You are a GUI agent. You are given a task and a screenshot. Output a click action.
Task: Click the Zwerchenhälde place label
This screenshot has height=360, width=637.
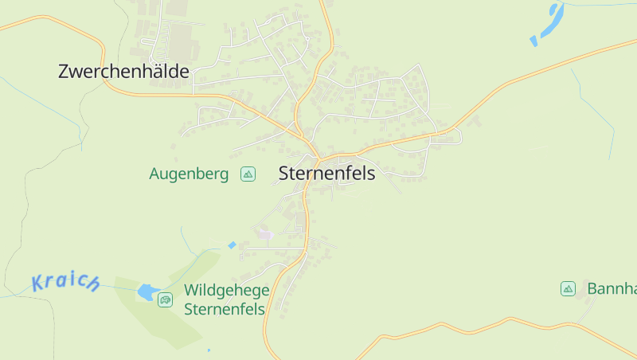[123, 72]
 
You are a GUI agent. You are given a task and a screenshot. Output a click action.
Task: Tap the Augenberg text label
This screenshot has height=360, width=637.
[189, 174]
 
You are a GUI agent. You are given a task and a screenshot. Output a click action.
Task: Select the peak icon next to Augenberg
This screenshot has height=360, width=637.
[248, 174]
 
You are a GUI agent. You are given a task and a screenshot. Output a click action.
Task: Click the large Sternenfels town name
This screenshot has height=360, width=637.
[326, 173]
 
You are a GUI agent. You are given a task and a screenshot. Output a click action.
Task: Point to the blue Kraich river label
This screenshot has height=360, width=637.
[65, 282]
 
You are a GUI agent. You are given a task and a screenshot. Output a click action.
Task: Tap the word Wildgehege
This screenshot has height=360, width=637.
[226, 292]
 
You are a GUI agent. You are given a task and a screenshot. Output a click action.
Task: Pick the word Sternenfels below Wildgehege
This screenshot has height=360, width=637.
[224, 310]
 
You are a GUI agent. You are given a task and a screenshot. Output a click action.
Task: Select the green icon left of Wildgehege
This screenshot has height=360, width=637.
[165, 299]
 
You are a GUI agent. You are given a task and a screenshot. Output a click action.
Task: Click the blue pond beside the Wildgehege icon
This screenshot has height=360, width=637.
[147, 292]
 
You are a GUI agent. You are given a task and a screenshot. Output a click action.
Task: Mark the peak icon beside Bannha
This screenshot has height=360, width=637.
[568, 288]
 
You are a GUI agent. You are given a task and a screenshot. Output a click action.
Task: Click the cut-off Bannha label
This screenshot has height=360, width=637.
[612, 288]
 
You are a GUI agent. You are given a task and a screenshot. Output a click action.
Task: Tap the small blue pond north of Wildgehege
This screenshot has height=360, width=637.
[232, 245]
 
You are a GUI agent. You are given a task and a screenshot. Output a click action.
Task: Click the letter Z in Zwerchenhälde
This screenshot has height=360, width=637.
[64, 72]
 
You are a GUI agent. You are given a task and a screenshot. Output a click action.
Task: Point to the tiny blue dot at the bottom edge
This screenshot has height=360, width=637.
[209, 350]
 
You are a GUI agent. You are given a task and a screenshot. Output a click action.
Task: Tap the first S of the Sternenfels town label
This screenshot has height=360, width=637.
[284, 173]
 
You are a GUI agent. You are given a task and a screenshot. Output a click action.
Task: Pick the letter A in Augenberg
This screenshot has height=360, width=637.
[154, 174]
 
